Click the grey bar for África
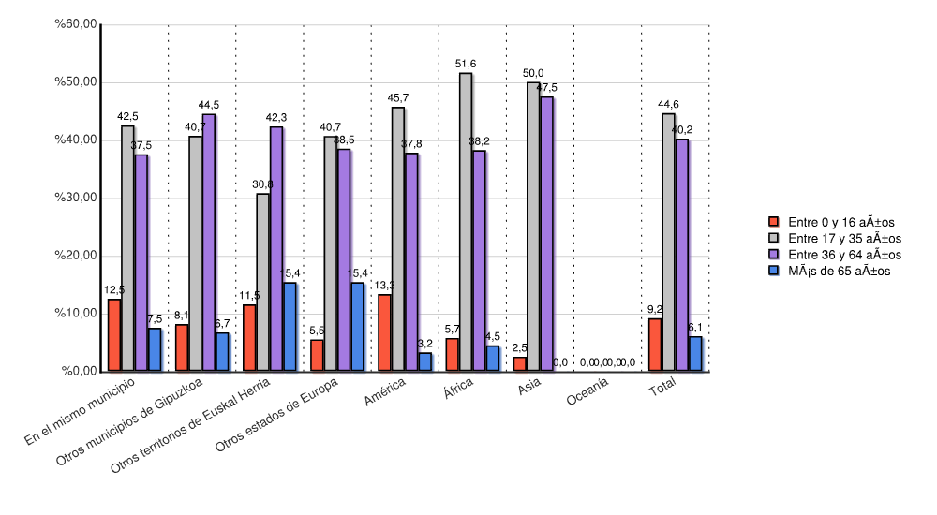466,222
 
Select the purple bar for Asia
546,234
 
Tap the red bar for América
384,332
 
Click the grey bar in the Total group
668,243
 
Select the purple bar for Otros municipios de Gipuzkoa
209,243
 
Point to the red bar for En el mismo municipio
114,335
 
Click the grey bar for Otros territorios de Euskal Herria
262,282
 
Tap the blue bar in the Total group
695,354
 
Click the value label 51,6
466,64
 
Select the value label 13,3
384,286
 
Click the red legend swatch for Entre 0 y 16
774,222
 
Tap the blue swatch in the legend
774,271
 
